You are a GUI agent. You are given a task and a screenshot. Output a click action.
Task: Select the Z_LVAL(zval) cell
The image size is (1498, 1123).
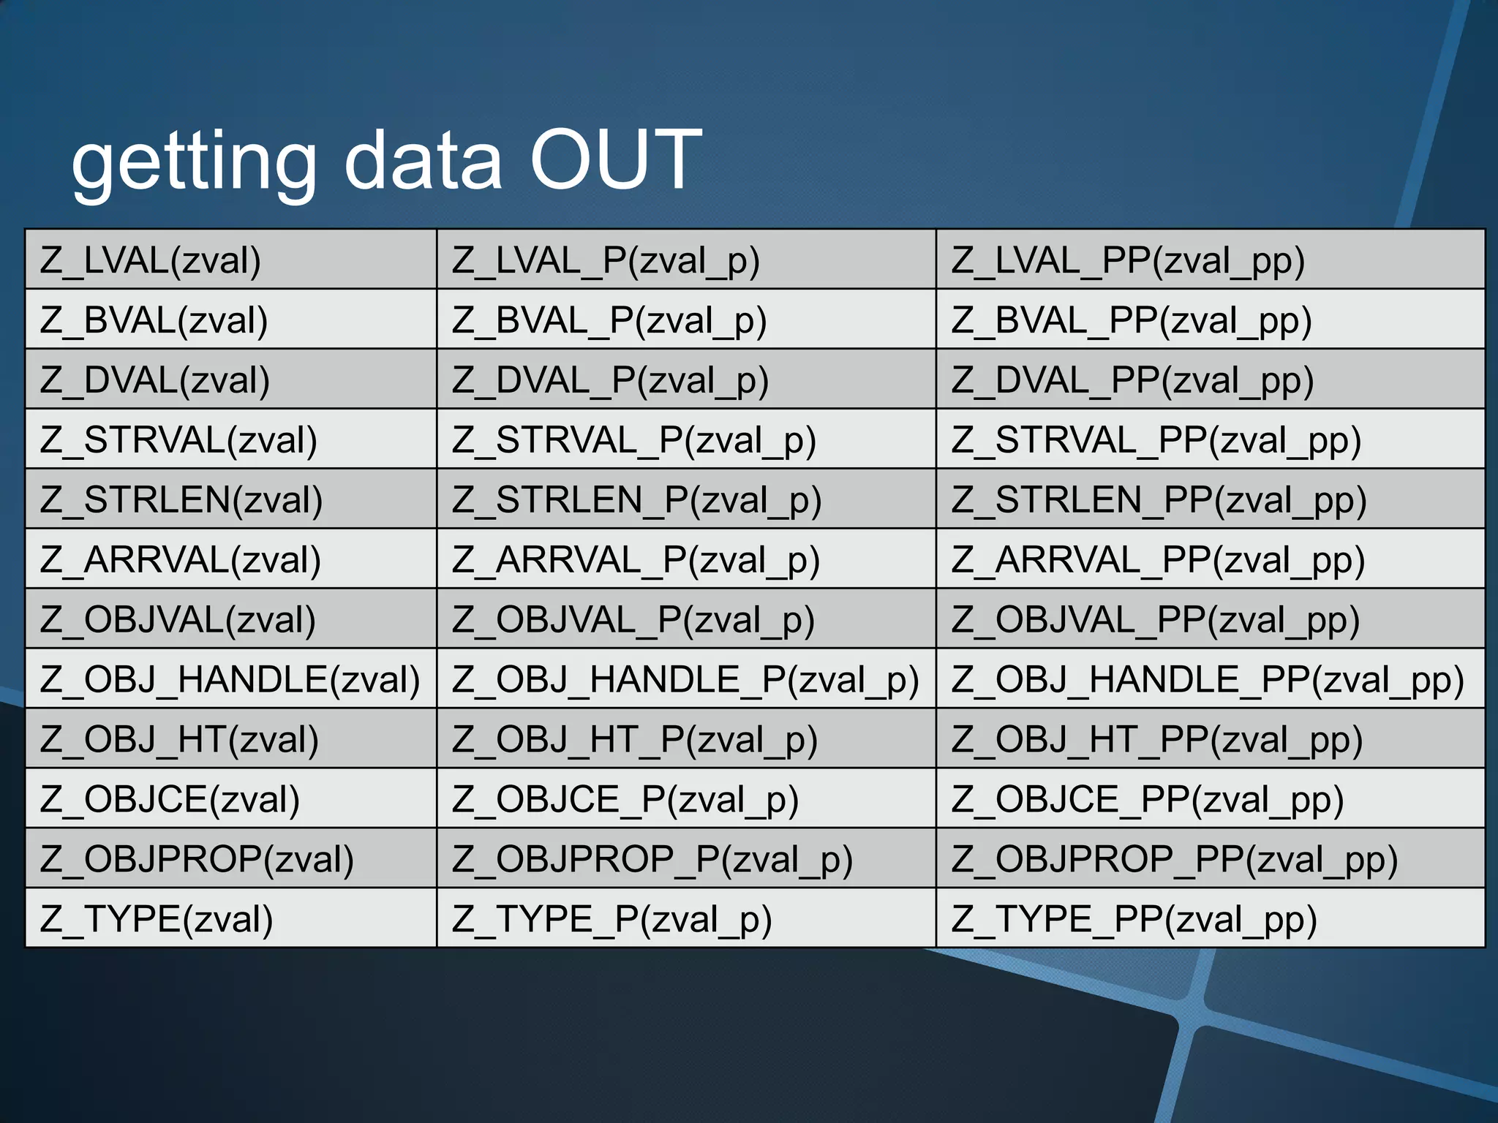tap(151, 260)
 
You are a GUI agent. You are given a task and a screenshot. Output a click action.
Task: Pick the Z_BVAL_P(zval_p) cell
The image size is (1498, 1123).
tap(609, 320)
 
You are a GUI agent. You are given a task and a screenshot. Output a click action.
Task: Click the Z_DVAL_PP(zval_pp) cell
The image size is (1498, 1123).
tap(1132, 380)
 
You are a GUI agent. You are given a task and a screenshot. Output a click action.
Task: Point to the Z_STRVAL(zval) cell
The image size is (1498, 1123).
tap(178, 440)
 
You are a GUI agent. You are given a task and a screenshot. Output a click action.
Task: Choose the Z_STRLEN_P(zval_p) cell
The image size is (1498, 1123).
tap(636, 500)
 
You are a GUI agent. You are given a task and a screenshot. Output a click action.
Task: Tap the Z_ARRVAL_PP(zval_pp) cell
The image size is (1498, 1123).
tap(1158, 560)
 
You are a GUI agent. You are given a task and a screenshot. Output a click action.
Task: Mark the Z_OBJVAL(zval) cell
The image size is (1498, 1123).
tap(178, 620)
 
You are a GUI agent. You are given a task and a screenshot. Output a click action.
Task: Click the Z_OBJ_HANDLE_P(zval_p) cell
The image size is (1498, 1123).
tap(685, 680)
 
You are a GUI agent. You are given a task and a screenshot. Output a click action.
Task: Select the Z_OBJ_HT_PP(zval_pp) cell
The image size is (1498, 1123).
tap(1156, 740)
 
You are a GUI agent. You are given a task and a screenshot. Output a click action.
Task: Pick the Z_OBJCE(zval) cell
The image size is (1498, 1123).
tap(170, 799)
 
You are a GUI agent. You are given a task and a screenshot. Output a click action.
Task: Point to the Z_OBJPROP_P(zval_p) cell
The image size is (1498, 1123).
tap(652, 859)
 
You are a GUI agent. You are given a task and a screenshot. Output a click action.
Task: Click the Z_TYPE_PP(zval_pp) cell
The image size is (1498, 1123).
tap(1134, 919)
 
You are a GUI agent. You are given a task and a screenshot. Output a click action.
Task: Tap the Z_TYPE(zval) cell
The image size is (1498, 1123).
tap(157, 919)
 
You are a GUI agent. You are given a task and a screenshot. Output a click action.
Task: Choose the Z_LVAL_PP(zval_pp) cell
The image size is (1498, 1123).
tap(1128, 260)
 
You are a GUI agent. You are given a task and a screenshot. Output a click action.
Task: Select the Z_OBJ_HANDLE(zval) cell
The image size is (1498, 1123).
tap(230, 680)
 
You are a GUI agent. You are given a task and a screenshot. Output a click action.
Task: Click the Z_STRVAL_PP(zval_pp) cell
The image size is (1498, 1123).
tap(1156, 440)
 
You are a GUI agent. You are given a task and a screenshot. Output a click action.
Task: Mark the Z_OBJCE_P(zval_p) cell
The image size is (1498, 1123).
tap(625, 799)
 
